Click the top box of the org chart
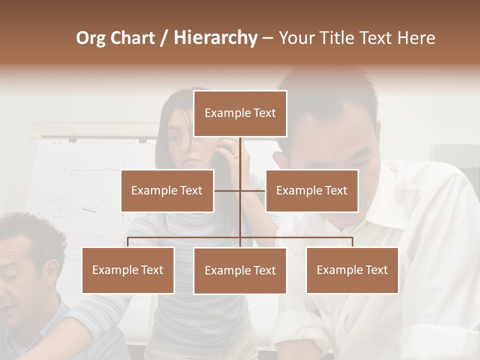point(240,113)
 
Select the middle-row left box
point(167,190)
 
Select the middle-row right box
point(311,190)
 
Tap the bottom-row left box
point(128,270)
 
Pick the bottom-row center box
point(240,270)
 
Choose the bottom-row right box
point(352,270)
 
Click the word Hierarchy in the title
point(215,38)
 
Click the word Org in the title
point(90,38)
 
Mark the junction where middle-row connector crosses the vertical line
point(240,190)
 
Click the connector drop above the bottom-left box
point(128,242)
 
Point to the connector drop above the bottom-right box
point(352,242)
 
